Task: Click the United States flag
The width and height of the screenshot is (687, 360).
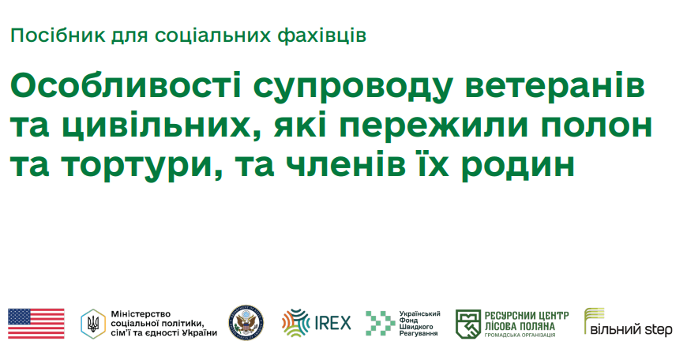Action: (x=36, y=324)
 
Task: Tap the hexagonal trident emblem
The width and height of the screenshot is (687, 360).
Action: (x=92, y=324)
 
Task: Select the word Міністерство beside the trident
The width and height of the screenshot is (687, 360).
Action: (x=141, y=313)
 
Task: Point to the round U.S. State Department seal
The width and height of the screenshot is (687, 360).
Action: (x=246, y=324)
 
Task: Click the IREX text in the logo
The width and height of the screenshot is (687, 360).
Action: (x=332, y=324)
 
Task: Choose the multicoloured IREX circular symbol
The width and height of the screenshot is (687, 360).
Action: (x=296, y=324)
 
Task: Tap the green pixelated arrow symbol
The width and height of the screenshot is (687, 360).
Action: (x=379, y=324)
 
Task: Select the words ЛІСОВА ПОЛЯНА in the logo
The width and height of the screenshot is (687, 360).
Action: (x=521, y=325)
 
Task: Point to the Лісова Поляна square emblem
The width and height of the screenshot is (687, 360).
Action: (x=469, y=324)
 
